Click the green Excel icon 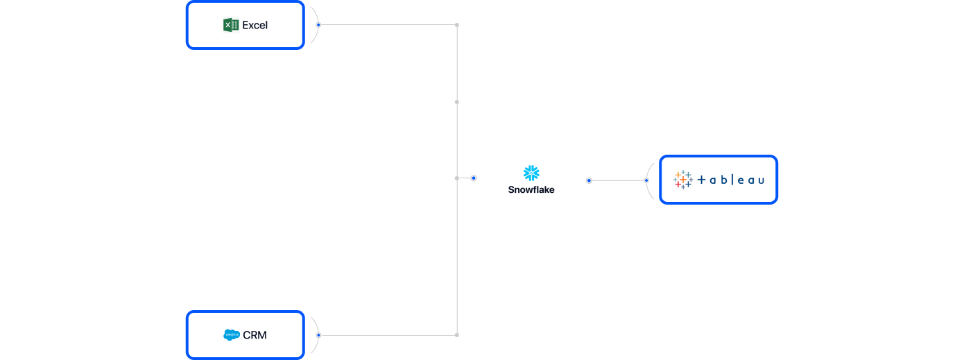231,25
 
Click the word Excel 255,25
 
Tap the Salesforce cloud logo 232,335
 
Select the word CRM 255,335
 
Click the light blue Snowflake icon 531,173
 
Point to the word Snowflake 531,189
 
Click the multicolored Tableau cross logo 683,180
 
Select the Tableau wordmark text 730,180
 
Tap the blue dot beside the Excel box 318,25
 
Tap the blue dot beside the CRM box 318,335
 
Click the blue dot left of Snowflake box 474,178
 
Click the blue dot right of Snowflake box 589,180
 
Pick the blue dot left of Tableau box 646,180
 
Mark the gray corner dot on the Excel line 456,25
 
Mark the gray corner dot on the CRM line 456,335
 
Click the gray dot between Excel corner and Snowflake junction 456,102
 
